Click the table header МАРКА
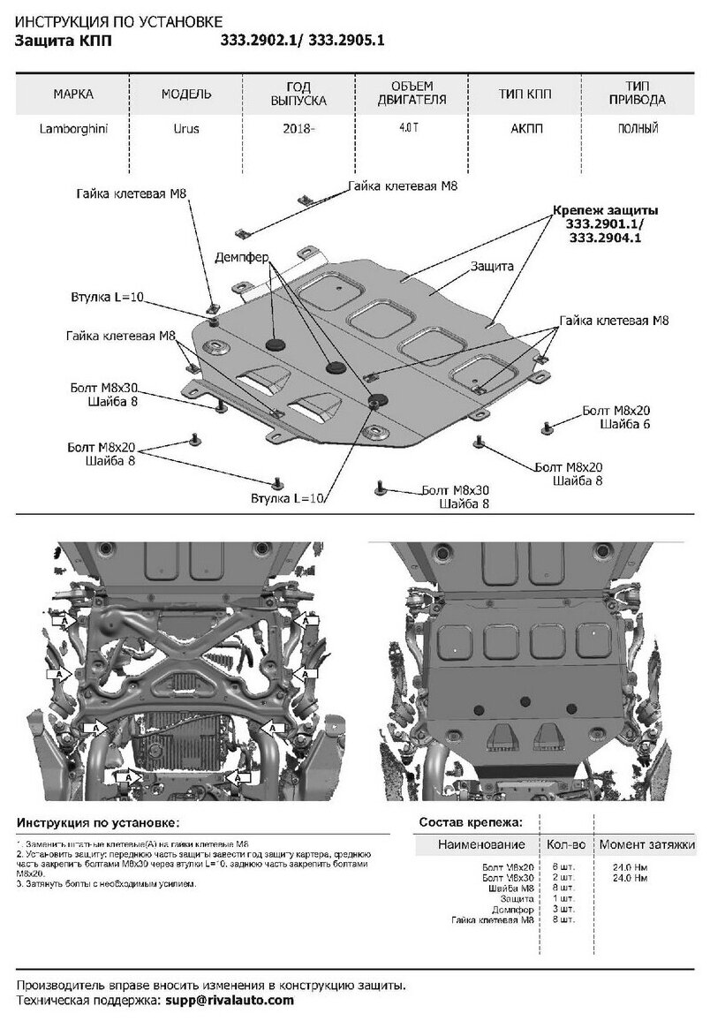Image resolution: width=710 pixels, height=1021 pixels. pyautogui.click(x=72, y=93)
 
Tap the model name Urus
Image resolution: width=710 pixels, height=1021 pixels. pyautogui.click(x=185, y=129)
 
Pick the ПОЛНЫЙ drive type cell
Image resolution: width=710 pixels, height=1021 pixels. pyautogui.click(x=638, y=129)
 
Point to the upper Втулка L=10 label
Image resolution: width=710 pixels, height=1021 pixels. pyautogui.click(x=108, y=297)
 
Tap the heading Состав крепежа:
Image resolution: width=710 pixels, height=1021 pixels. pyautogui.click(x=471, y=821)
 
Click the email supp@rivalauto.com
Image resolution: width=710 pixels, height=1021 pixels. pyautogui.click(x=230, y=1000)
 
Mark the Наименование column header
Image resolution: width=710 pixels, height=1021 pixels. pyautogui.click(x=480, y=844)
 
